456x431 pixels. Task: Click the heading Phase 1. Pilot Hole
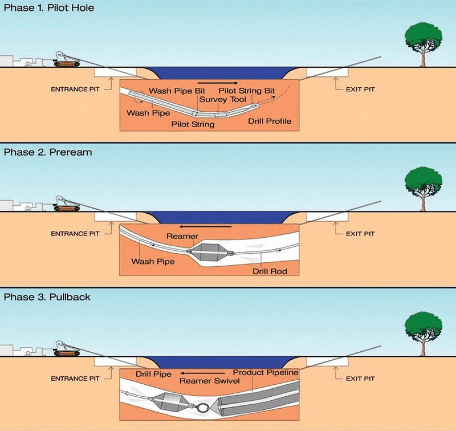[x=49, y=8]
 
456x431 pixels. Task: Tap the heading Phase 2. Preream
[x=48, y=152]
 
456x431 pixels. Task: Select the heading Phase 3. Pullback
[x=47, y=297]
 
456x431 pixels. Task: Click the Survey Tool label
[x=223, y=99]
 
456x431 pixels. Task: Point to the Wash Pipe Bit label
[x=177, y=91]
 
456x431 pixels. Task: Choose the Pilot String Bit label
[x=247, y=91]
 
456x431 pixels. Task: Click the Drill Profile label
[x=270, y=121]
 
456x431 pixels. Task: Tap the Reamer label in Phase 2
[x=182, y=236]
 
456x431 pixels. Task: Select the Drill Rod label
[x=270, y=271]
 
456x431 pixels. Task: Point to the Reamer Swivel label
[x=210, y=381]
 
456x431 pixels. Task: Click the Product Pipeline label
[x=266, y=372]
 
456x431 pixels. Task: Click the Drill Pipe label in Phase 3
[x=153, y=374]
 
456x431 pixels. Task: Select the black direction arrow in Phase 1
[x=218, y=83]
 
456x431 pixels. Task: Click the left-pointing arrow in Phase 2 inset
[x=205, y=226]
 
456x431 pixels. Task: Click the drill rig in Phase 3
[x=67, y=348]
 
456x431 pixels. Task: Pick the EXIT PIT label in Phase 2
[x=360, y=234]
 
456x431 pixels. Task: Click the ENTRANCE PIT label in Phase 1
[x=75, y=90]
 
